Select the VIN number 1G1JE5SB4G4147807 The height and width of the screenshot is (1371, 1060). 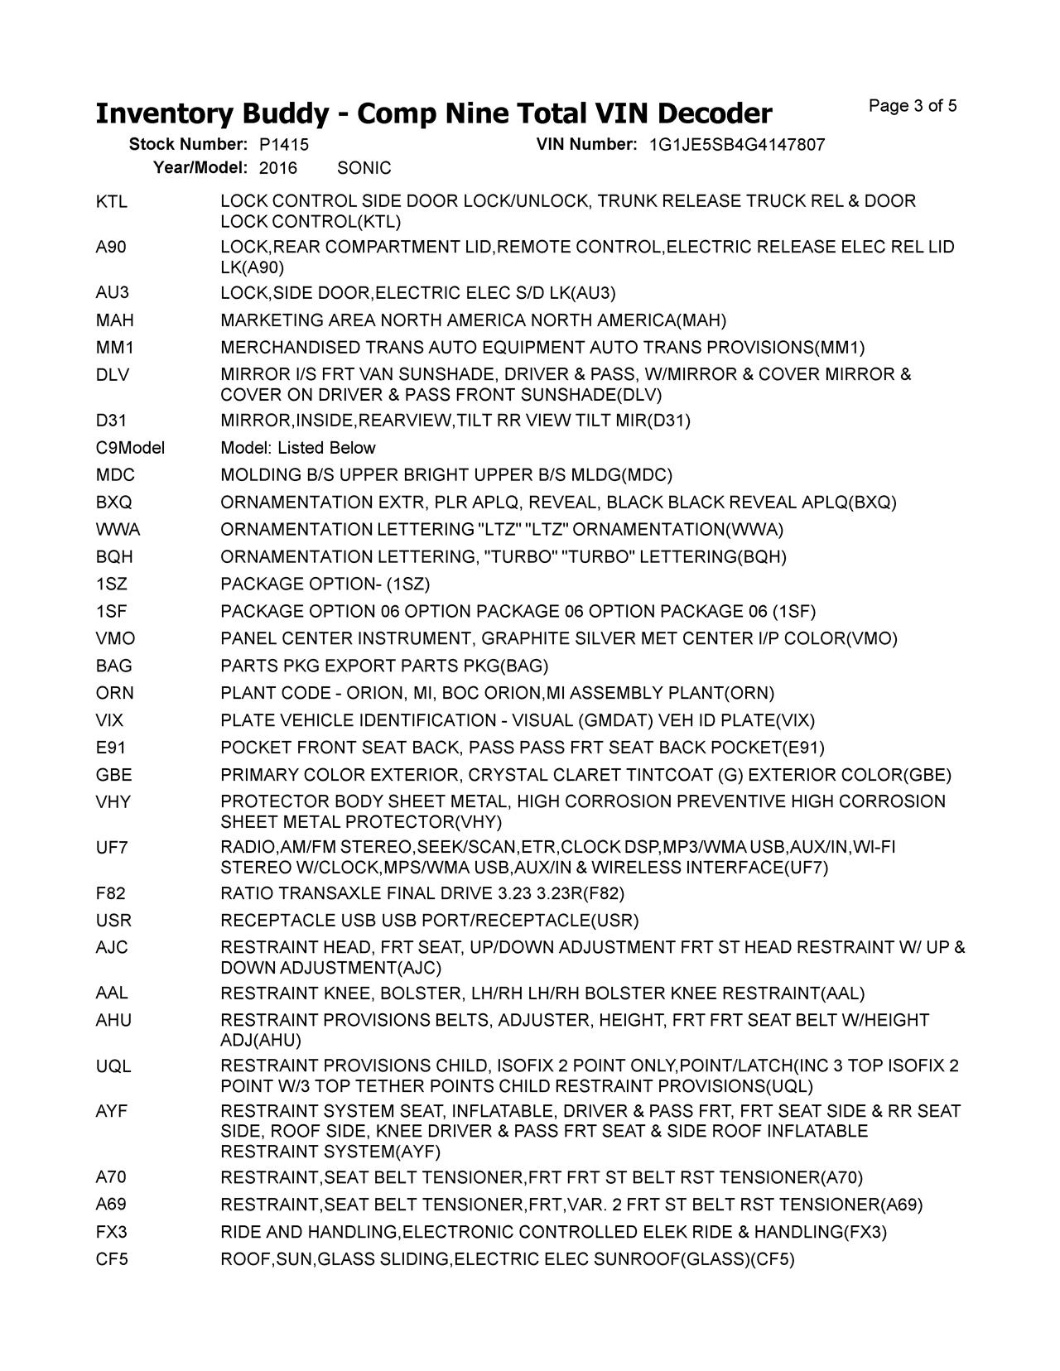pos(736,145)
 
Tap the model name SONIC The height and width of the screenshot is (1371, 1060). pos(364,168)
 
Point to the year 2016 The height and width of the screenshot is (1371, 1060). pos(277,168)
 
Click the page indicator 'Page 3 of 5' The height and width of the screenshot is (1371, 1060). pos(913,106)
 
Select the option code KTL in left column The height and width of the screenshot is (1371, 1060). pos(112,202)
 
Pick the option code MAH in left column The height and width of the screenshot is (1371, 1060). pos(114,320)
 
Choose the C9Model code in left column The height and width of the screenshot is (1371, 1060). pos(130,448)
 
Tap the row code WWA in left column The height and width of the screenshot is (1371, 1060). pos(118,530)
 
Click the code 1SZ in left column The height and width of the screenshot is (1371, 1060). pos(112,584)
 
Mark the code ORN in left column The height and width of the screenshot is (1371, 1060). pos(114,693)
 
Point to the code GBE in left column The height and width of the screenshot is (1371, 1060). pos(113,775)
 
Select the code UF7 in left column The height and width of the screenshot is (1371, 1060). pos(112,848)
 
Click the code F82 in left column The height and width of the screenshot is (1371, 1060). pos(111,893)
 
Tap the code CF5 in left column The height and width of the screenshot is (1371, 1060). pos(112,1259)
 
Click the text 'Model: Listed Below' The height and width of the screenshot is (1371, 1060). pos(298,448)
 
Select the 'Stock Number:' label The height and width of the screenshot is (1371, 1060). pos(188,145)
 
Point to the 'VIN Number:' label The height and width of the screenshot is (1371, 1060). pos(586,145)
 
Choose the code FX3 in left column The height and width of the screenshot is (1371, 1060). pos(111,1232)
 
